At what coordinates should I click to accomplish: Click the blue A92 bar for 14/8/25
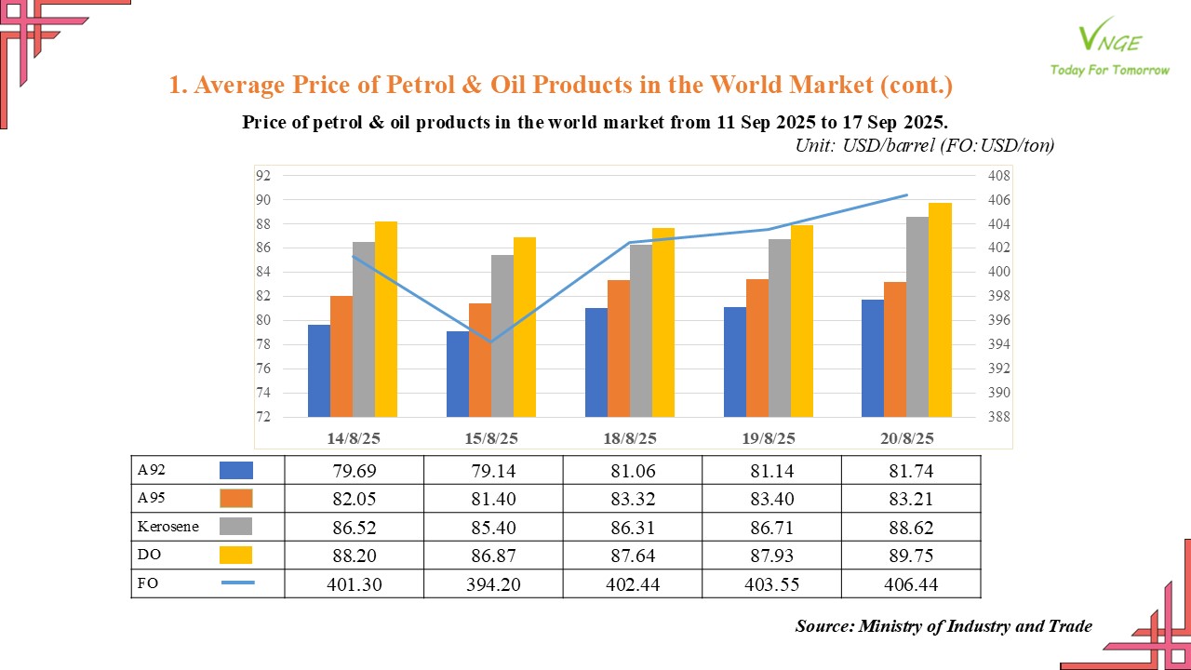(x=319, y=370)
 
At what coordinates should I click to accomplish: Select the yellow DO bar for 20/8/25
(x=940, y=310)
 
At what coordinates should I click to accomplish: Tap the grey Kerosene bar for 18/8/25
(x=641, y=330)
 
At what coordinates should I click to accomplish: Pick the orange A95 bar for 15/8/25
(x=480, y=360)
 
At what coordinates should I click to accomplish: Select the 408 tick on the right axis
(x=999, y=175)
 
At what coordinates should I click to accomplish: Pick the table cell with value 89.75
(x=911, y=556)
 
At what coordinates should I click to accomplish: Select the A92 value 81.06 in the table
(x=632, y=471)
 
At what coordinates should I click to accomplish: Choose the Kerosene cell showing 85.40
(x=492, y=528)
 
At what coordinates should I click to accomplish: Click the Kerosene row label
(x=168, y=528)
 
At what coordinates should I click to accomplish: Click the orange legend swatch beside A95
(x=236, y=499)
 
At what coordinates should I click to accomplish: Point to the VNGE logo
(x=1108, y=37)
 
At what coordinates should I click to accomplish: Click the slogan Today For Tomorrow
(x=1109, y=70)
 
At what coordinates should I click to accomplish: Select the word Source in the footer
(x=823, y=626)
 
